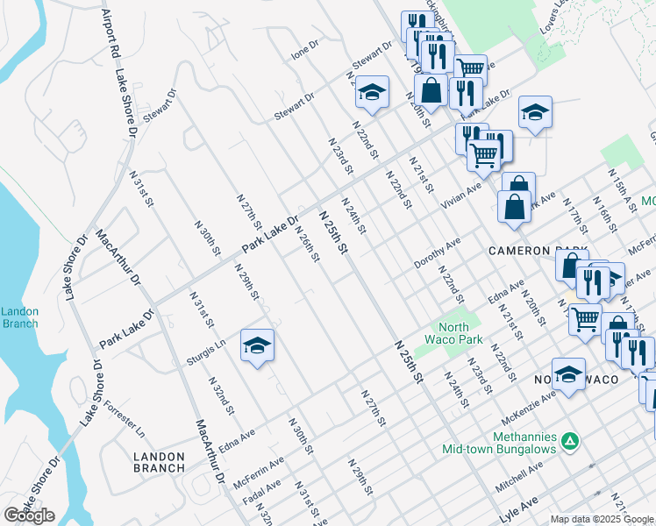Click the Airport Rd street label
(110, 36)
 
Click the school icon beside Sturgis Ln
(257, 345)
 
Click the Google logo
(29, 515)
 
